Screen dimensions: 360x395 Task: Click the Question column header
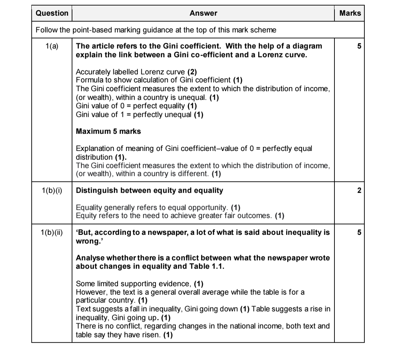(x=52, y=13)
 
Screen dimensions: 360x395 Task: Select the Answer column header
(x=203, y=13)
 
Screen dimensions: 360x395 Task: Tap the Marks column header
(x=350, y=13)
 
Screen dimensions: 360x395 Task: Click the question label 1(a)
(x=52, y=46)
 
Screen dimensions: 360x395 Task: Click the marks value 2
(x=359, y=190)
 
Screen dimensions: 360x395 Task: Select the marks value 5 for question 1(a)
(x=359, y=46)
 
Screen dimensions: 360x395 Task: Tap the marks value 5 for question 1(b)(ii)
(x=359, y=232)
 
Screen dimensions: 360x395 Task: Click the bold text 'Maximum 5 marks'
(x=108, y=131)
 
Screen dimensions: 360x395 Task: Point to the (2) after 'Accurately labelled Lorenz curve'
(x=192, y=72)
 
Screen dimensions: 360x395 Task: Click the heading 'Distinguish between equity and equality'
(x=149, y=190)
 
